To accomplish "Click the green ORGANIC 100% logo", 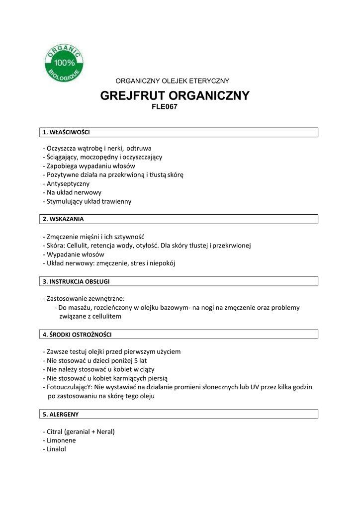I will pos(65,64).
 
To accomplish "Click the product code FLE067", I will pos(165,106).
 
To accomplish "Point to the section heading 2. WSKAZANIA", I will pos(63,219).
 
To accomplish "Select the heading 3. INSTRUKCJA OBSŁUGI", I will pos(76,281).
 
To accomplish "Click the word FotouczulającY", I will pos(66,387).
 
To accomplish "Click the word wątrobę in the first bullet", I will pos(90,148).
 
